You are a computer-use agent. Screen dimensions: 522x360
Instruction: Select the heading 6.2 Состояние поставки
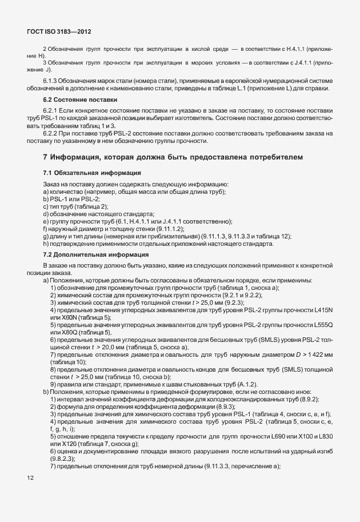coord(74,99)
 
